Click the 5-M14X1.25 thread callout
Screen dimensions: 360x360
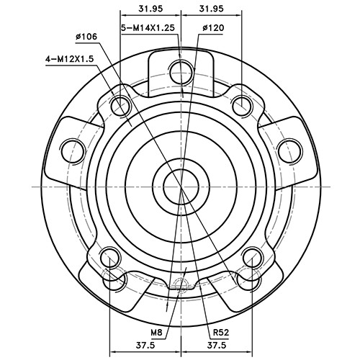[x=148, y=27]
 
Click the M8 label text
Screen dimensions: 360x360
[x=157, y=333]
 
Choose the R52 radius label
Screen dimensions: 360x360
[x=220, y=333]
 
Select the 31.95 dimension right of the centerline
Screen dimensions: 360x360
[x=211, y=9]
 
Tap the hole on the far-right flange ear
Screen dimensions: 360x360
[x=289, y=150]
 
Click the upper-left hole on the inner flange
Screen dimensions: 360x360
[x=120, y=107]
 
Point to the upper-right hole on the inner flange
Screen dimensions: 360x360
[x=240, y=107]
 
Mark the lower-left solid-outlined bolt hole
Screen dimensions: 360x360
[x=109, y=256]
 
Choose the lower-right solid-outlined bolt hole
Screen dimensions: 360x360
[x=251, y=256]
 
